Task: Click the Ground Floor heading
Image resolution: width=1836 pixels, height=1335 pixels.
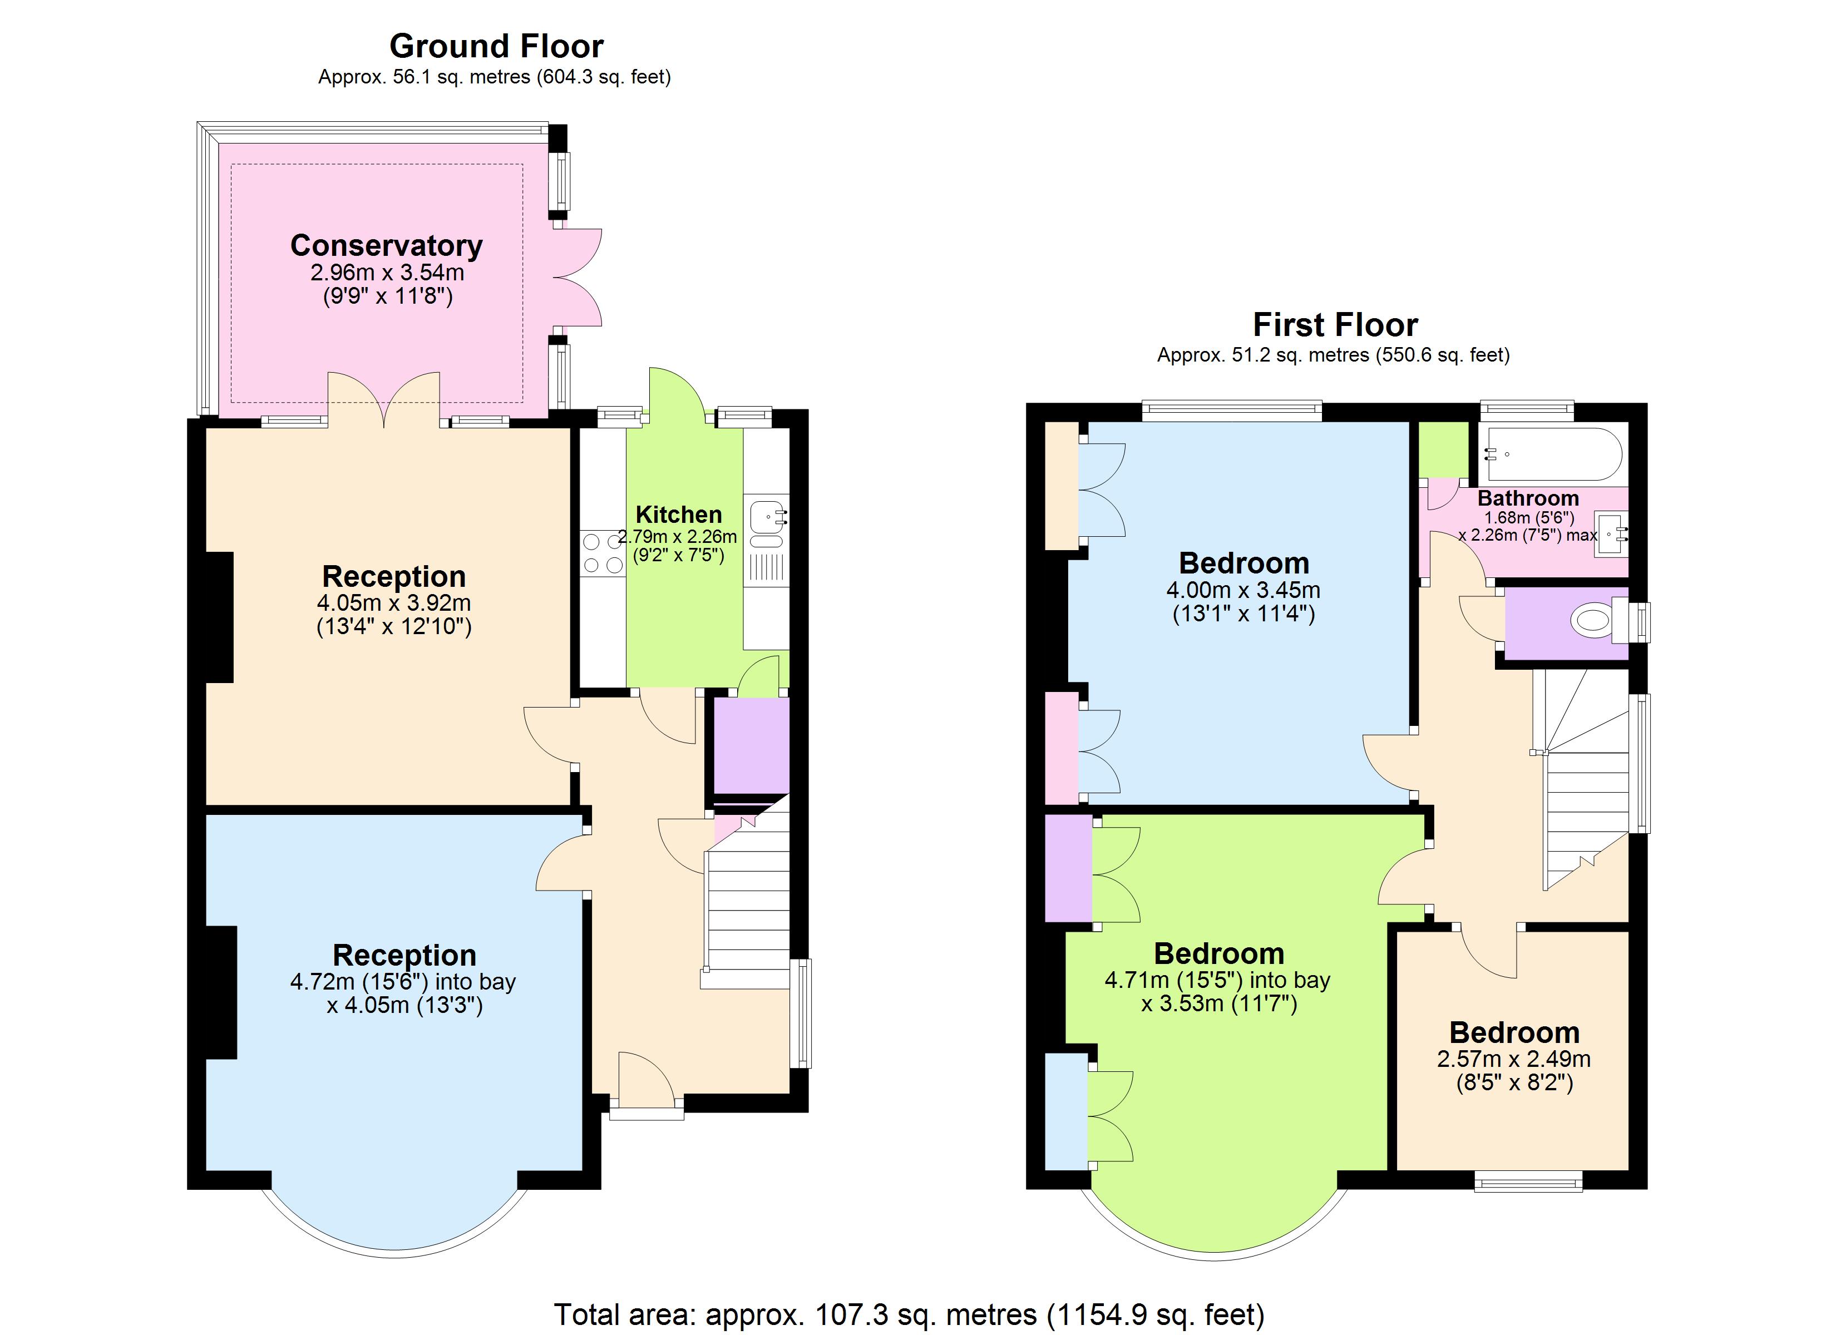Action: (x=496, y=46)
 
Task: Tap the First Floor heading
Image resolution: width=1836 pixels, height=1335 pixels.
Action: (x=1335, y=325)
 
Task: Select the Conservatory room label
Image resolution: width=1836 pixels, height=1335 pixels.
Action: (x=386, y=245)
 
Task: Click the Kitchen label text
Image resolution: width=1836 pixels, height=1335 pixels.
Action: (x=678, y=514)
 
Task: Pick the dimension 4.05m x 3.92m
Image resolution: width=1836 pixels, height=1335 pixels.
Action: (x=393, y=603)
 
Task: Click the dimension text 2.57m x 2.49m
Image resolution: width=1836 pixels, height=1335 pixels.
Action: (x=1514, y=1058)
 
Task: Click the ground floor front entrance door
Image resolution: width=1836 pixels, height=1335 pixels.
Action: (x=646, y=1081)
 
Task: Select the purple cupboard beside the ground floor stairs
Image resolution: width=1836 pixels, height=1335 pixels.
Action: (x=751, y=745)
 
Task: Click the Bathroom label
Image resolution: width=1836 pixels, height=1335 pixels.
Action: (x=1528, y=498)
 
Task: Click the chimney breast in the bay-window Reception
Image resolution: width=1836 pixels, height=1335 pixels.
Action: (x=221, y=992)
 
